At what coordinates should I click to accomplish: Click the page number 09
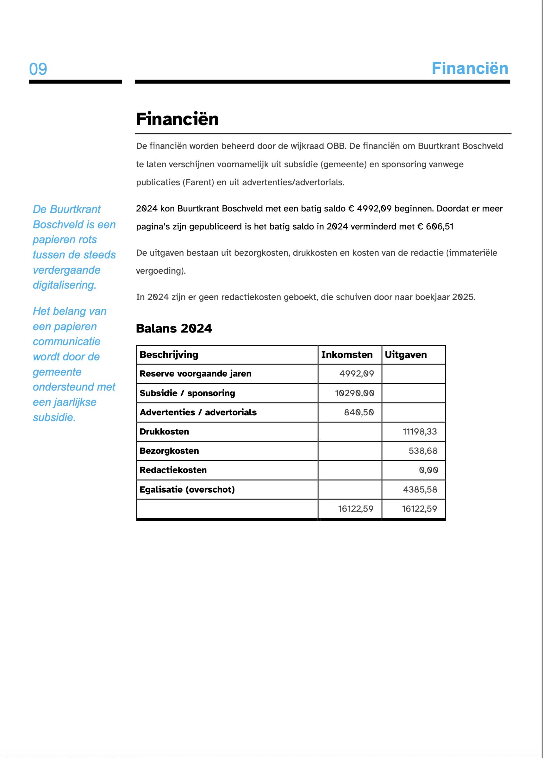click(38, 69)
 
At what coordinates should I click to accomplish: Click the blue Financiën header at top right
click(470, 68)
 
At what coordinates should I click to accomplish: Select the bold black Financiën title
click(177, 119)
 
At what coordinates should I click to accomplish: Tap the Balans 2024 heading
click(174, 329)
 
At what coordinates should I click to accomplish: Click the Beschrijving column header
click(169, 355)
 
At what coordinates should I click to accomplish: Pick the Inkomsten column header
click(347, 355)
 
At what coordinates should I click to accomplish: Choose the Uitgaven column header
click(406, 355)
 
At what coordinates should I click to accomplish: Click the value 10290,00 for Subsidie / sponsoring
click(355, 393)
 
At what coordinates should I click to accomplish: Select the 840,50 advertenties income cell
click(359, 412)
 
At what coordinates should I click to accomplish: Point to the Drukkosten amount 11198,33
click(420, 432)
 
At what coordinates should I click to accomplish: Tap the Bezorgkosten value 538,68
click(423, 451)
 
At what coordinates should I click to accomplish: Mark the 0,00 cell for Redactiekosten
click(428, 470)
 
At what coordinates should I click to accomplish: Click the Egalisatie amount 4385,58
click(420, 490)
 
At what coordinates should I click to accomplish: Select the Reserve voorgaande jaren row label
click(195, 374)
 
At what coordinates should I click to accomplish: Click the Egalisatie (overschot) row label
click(187, 490)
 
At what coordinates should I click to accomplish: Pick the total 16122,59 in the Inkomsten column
click(356, 509)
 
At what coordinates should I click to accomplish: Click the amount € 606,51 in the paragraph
click(435, 227)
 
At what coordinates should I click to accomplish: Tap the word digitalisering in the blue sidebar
click(65, 285)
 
